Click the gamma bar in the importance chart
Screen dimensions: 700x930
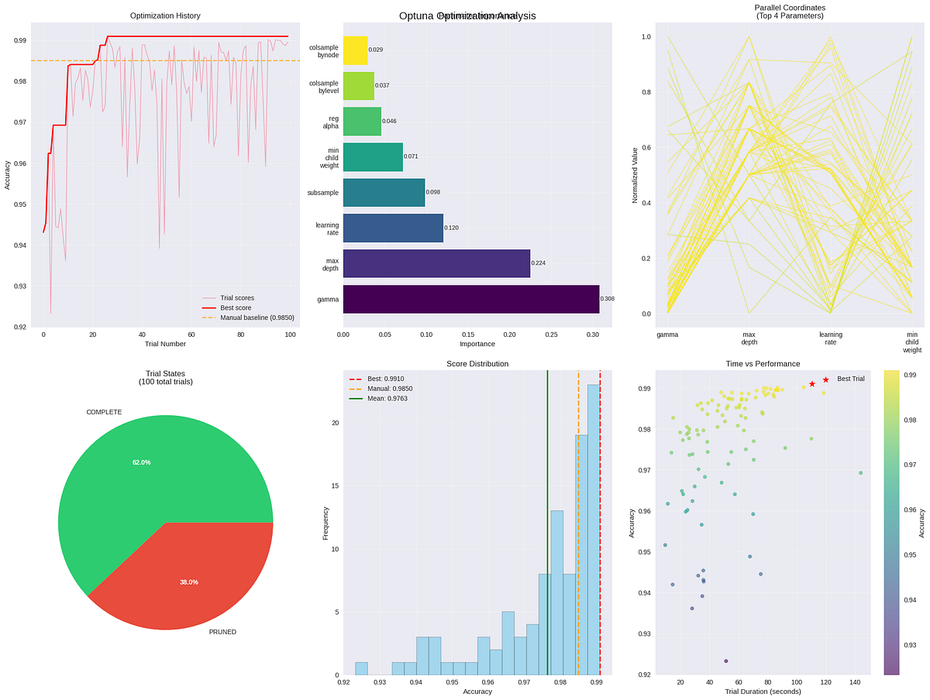pos(470,299)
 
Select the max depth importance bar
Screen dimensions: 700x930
pos(436,263)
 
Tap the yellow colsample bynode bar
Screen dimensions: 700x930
pos(355,50)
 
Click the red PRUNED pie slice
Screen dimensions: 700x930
pos(194,573)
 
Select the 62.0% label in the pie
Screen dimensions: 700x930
pos(141,462)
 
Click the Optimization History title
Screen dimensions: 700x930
pos(164,15)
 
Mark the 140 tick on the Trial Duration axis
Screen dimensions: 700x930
pos(856,682)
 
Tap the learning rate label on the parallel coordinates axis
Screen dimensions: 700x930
pos(831,338)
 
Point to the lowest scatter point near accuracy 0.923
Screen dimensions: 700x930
pos(725,661)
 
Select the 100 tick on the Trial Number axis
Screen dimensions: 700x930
pos(291,335)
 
